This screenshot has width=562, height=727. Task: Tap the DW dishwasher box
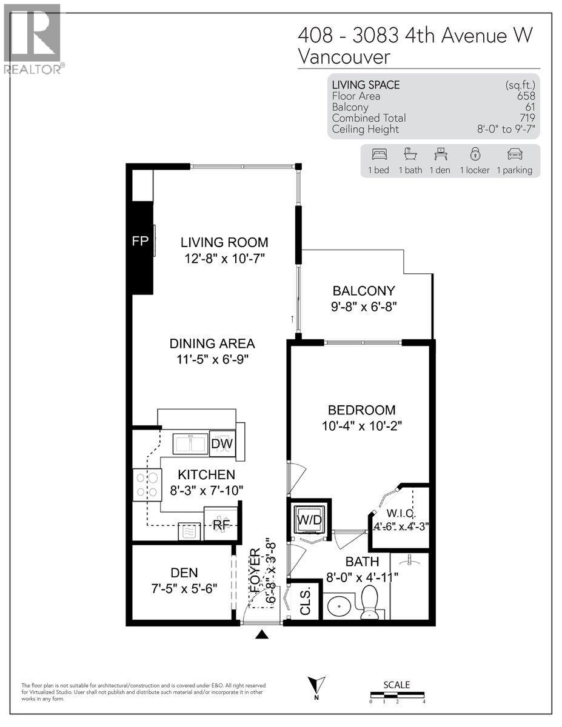(222, 444)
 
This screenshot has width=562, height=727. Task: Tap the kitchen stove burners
(147, 485)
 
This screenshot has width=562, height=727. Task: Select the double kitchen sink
(190, 444)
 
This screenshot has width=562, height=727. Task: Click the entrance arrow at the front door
(261, 634)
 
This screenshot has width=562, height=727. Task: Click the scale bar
(397, 694)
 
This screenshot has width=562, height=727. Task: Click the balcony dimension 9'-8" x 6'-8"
(363, 306)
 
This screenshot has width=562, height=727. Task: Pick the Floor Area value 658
(526, 96)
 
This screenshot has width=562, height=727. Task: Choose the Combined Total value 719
(526, 118)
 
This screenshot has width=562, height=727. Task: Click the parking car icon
(514, 154)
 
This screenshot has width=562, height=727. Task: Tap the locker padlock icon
(474, 154)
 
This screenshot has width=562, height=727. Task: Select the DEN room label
(184, 572)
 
